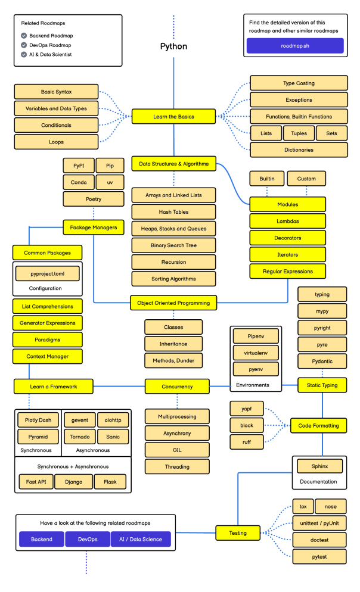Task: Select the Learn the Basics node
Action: tap(173, 117)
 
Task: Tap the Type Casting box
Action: tap(299, 83)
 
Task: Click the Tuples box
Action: tap(299, 133)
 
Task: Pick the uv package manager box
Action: tap(110, 182)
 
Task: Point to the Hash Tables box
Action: tap(173, 212)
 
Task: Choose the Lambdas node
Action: tap(288, 221)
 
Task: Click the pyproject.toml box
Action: tap(47, 273)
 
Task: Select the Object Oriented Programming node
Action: tap(173, 303)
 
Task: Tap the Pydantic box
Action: tap(322, 361)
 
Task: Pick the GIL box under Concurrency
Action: tap(177, 450)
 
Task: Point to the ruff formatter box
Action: tap(246, 442)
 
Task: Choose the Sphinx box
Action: tap(319, 466)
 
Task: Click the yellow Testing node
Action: tap(238, 533)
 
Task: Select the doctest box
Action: tap(319, 540)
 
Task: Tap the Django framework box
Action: tap(73, 481)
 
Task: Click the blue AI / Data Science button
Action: tap(141, 539)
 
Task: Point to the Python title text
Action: tap(173, 46)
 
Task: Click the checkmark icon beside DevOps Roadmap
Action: tap(24, 45)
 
